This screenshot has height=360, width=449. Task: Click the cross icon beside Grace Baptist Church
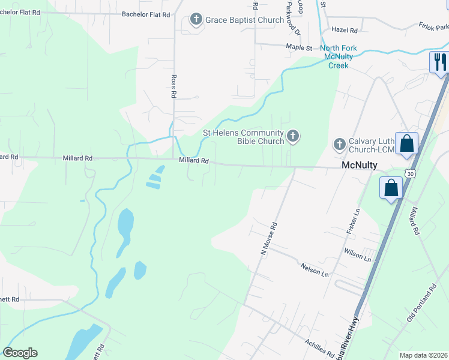[x=196, y=20]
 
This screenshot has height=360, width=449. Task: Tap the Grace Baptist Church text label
[x=244, y=20]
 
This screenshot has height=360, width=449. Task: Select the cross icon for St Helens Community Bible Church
[x=292, y=136]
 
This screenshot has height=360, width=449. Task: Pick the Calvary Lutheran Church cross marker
[x=339, y=144]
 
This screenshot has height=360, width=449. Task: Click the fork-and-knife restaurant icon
[x=439, y=61]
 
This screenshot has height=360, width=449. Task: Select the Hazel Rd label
[x=345, y=29]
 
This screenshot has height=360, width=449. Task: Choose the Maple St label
[x=300, y=46]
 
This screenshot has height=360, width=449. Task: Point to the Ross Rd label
[x=173, y=86]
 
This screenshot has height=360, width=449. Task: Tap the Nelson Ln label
[x=315, y=271]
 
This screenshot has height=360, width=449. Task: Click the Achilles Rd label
[x=319, y=346]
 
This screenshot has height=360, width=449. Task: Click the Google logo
[x=20, y=353]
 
